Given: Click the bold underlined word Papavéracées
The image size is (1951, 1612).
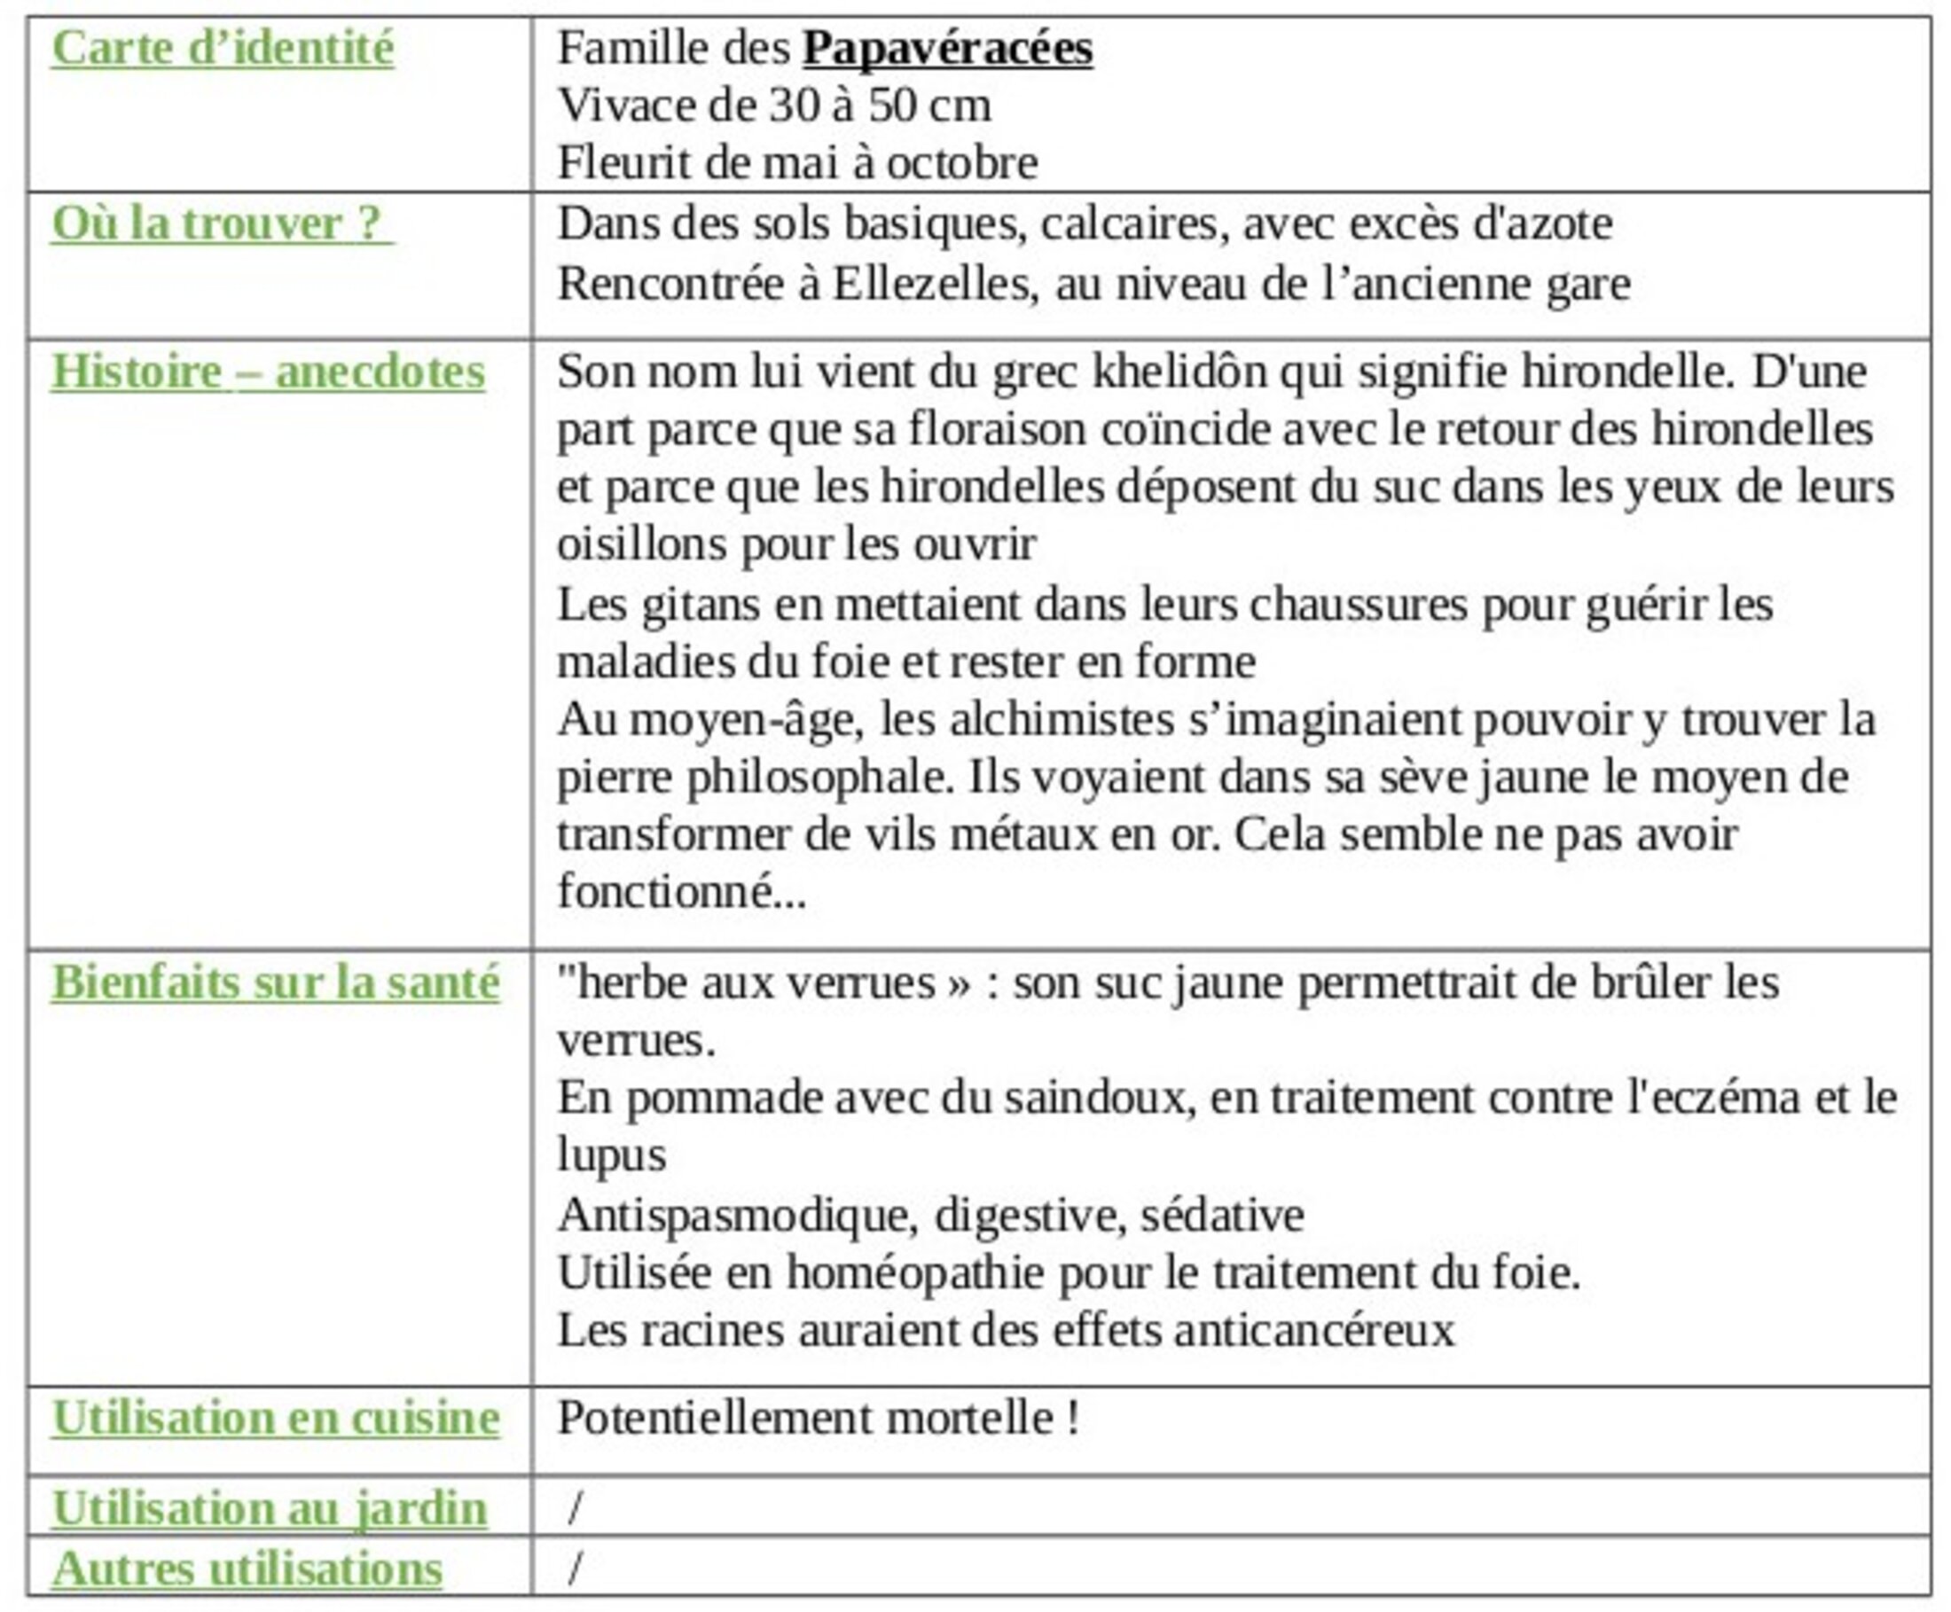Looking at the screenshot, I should (x=946, y=48).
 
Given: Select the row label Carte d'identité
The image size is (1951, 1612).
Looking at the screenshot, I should (x=222, y=48).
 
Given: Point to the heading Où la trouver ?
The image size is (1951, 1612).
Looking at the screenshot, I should (x=222, y=223).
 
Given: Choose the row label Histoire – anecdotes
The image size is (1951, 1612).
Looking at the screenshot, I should (x=268, y=372).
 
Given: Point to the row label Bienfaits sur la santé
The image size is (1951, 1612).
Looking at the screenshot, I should (x=275, y=982).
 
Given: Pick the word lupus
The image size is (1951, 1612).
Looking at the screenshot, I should (x=611, y=1156).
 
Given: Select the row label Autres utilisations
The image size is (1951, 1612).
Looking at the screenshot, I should (x=247, y=1569).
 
